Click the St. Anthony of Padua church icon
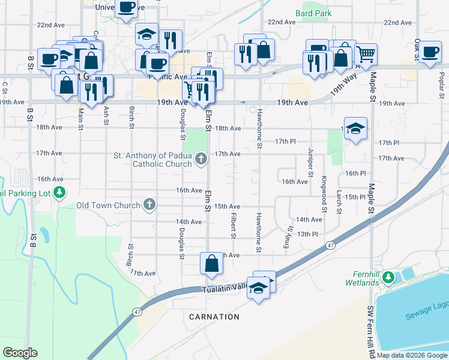pos(201,160)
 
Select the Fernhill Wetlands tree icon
pos(388,277)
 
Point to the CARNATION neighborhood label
pos(214,316)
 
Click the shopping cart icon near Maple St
pos(366,55)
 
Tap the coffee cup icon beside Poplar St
pos(430,52)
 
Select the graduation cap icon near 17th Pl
pos(356,128)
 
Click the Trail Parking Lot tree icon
pos(59,193)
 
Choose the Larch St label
pos(339,202)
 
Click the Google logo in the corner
pos(20,353)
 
